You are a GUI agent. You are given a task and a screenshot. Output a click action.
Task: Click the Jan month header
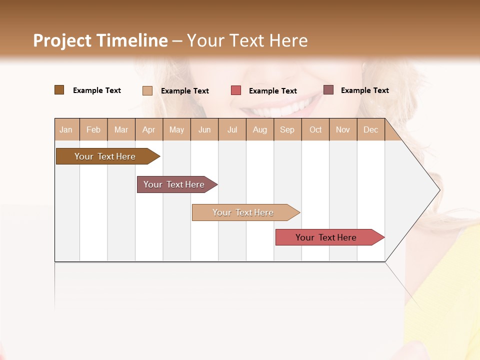[x=66, y=129]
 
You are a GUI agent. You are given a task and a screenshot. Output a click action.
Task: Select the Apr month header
[x=148, y=129]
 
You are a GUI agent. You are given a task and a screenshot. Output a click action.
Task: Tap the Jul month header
[x=232, y=129]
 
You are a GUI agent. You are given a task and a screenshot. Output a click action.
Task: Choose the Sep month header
[x=287, y=129]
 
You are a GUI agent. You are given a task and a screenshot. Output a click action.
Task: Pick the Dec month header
[x=370, y=129]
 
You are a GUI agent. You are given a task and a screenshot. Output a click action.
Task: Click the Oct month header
[x=315, y=129]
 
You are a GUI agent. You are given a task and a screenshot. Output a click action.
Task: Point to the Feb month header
[x=93, y=129]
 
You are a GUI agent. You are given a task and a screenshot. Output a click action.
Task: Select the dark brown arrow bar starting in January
[x=105, y=156]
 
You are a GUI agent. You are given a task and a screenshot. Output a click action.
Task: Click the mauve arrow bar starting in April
[x=174, y=184]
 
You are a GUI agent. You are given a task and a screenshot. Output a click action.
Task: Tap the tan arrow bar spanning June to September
[x=243, y=212]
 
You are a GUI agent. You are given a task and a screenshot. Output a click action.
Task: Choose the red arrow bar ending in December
[x=326, y=237]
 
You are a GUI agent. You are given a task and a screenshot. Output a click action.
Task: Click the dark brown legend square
[x=59, y=90]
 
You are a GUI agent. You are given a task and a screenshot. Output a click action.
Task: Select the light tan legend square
[x=147, y=90]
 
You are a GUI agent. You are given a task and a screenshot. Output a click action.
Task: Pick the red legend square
[x=236, y=90]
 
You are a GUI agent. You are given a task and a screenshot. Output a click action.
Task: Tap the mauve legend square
[x=328, y=90]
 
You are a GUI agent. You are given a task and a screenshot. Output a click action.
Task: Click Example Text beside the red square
[x=272, y=91]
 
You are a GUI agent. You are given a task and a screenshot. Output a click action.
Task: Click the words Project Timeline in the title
[x=100, y=40]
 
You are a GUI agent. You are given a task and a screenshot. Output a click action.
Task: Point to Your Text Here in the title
[x=247, y=40]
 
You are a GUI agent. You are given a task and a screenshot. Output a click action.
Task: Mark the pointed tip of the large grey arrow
[x=439, y=190]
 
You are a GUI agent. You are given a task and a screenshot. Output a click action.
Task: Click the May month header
[x=176, y=129]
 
